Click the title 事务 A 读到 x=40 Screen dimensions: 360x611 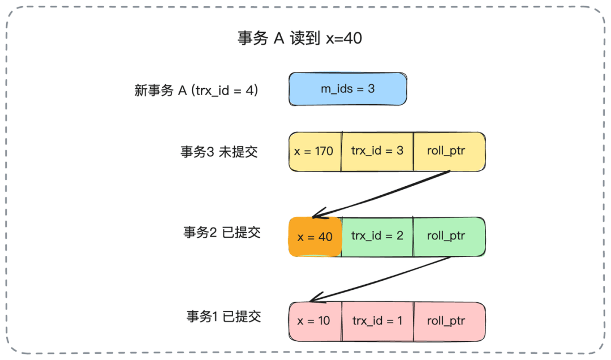299,38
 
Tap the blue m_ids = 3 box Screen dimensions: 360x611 347,89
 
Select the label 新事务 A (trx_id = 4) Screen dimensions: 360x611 196,90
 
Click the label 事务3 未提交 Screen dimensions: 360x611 220,152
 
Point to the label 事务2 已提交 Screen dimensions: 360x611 222,233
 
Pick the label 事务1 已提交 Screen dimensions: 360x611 224,316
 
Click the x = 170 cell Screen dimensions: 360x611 315,152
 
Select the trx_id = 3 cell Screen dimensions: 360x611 377,151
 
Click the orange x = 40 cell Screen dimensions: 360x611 315,237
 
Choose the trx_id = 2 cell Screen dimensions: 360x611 377,236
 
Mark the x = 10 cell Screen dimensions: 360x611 315,321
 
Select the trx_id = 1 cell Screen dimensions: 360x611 377,321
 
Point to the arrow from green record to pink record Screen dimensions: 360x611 382,279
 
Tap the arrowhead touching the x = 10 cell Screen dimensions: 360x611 314,300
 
